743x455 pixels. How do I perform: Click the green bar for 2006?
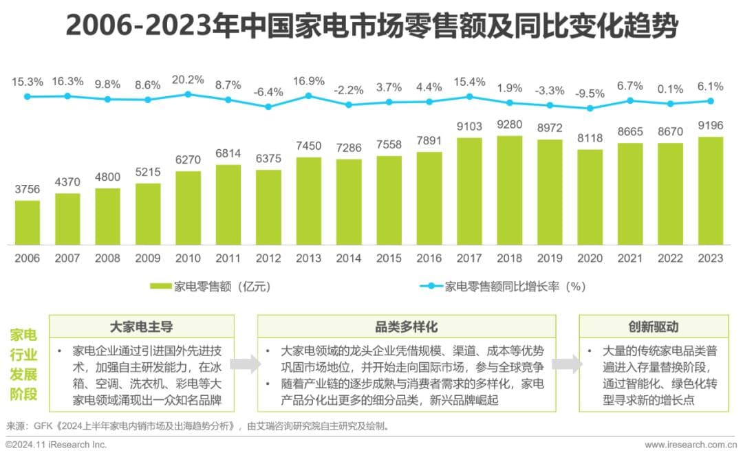[27, 222]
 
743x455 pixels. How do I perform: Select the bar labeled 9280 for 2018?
[510, 190]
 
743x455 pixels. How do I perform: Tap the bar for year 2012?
[268, 207]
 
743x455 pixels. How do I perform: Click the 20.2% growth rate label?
[188, 80]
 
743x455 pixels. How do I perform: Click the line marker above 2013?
[309, 96]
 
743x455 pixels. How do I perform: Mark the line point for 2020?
[590, 108]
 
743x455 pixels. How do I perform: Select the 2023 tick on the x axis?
[711, 258]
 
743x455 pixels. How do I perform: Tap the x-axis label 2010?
[188, 258]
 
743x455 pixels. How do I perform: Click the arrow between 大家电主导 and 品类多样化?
[246, 364]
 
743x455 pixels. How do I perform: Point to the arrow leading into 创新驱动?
[567, 364]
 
